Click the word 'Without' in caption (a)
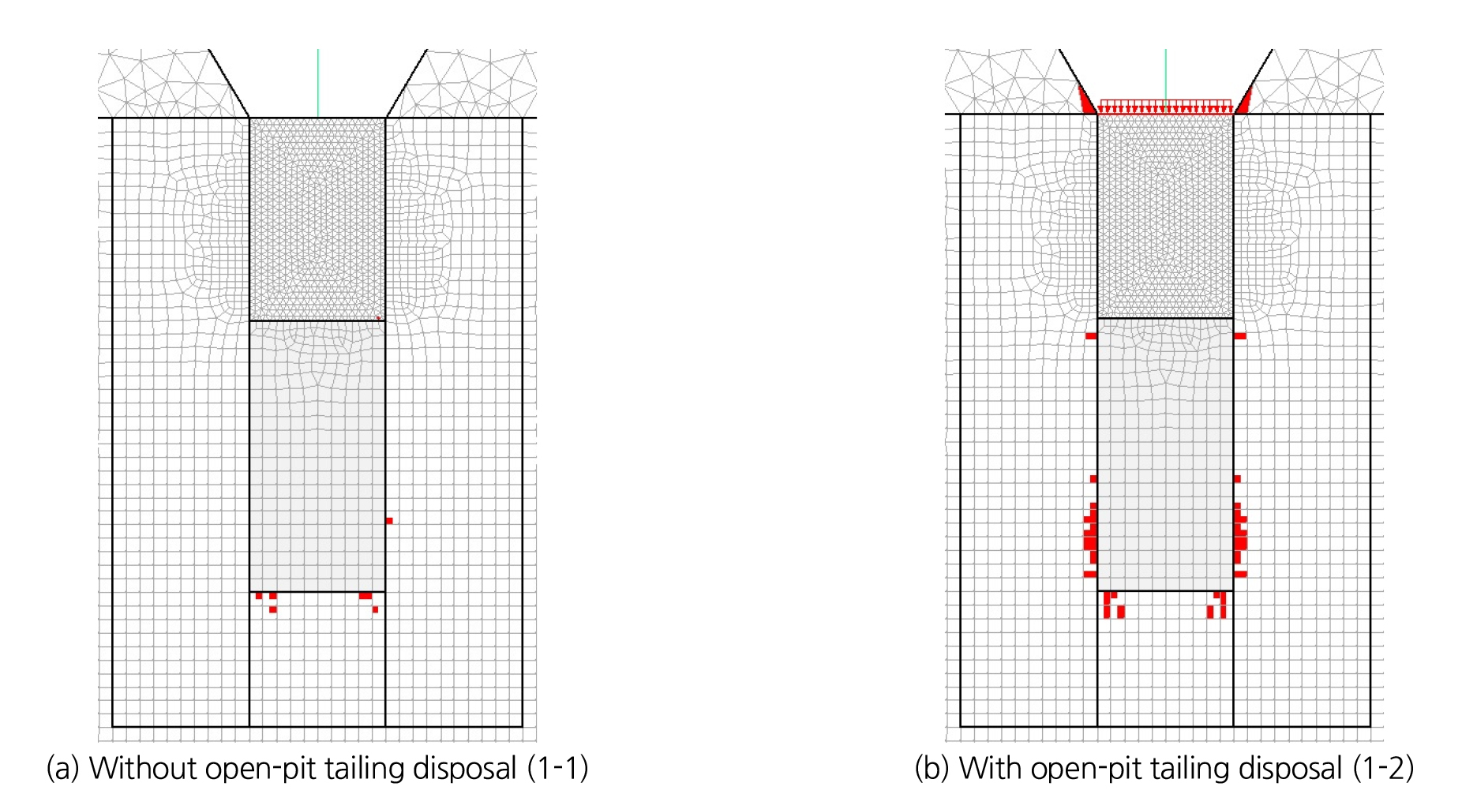tap(142, 768)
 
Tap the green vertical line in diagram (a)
tap(318, 83)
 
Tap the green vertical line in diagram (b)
tap(1166, 75)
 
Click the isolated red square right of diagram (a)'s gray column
tap(389, 521)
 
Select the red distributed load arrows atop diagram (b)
tap(1165, 107)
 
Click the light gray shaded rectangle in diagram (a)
tap(317, 455)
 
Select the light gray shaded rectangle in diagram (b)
tap(1165, 454)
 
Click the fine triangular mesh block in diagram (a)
tap(317, 219)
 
